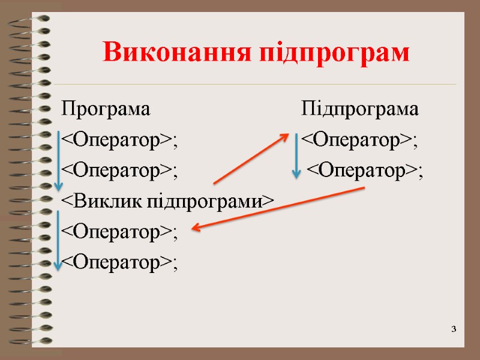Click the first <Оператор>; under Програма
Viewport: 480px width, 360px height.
pyautogui.click(x=120, y=141)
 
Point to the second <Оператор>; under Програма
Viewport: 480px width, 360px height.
pyautogui.click(x=120, y=172)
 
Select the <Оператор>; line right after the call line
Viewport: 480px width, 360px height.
pyautogui.click(x=120, y=232)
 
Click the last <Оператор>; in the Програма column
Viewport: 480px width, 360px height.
pyautogui.click(x=120, y=263)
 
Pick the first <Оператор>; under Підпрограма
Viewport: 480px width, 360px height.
pyautogui.click(x=359, y=141)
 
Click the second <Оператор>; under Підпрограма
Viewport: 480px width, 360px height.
pyautogui.click(x=365, y=172)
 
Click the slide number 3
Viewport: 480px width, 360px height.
pyautogui.click(x=454, y=329)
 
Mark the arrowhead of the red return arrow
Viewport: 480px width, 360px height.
pyautogui.click(x=196, y=227)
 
